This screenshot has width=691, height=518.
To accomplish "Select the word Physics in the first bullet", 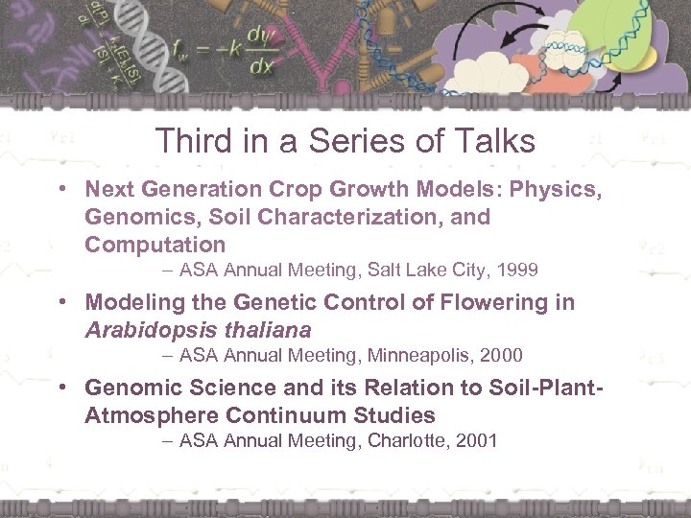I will pyautogui.click(x=562, y=190).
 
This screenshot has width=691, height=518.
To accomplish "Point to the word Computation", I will pyautogui.click(x=155, y=245).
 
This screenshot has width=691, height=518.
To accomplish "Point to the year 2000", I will pyautogui.click(x=500, y=356).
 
